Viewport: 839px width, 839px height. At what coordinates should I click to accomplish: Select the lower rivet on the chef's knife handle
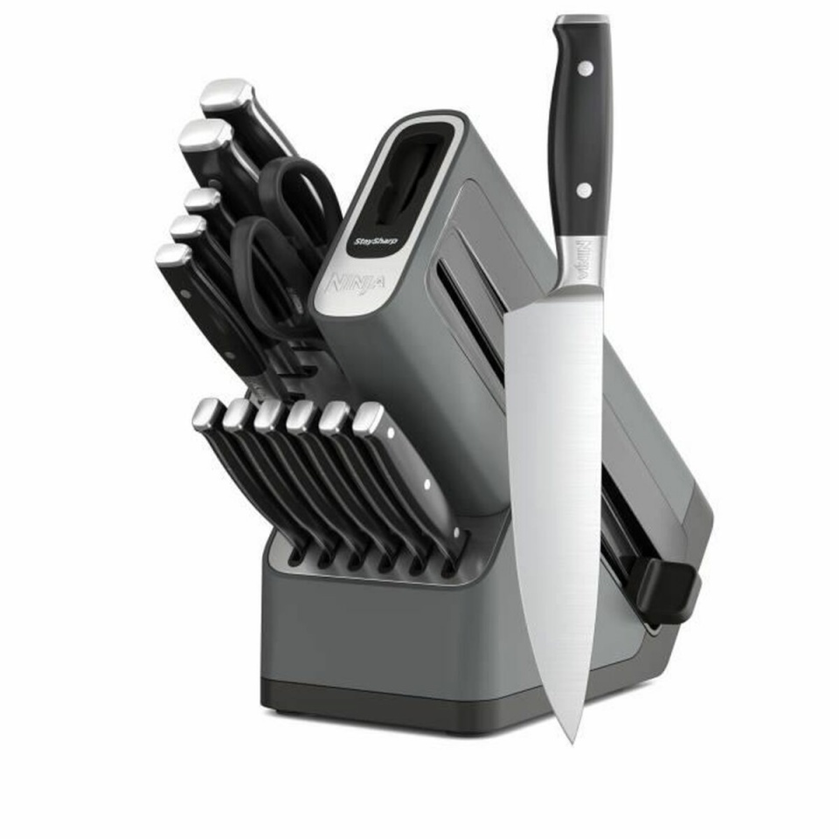(580, 189)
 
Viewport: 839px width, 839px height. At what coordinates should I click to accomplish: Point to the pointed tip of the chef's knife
(571, 739)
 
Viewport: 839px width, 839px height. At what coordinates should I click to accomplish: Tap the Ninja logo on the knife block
(349, 285)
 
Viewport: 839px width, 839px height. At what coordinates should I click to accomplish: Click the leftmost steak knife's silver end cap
(207, 412)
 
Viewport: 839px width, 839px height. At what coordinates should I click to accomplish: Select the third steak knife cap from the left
(270, 415)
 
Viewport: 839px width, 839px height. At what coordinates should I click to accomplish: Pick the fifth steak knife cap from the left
(336, 418)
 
